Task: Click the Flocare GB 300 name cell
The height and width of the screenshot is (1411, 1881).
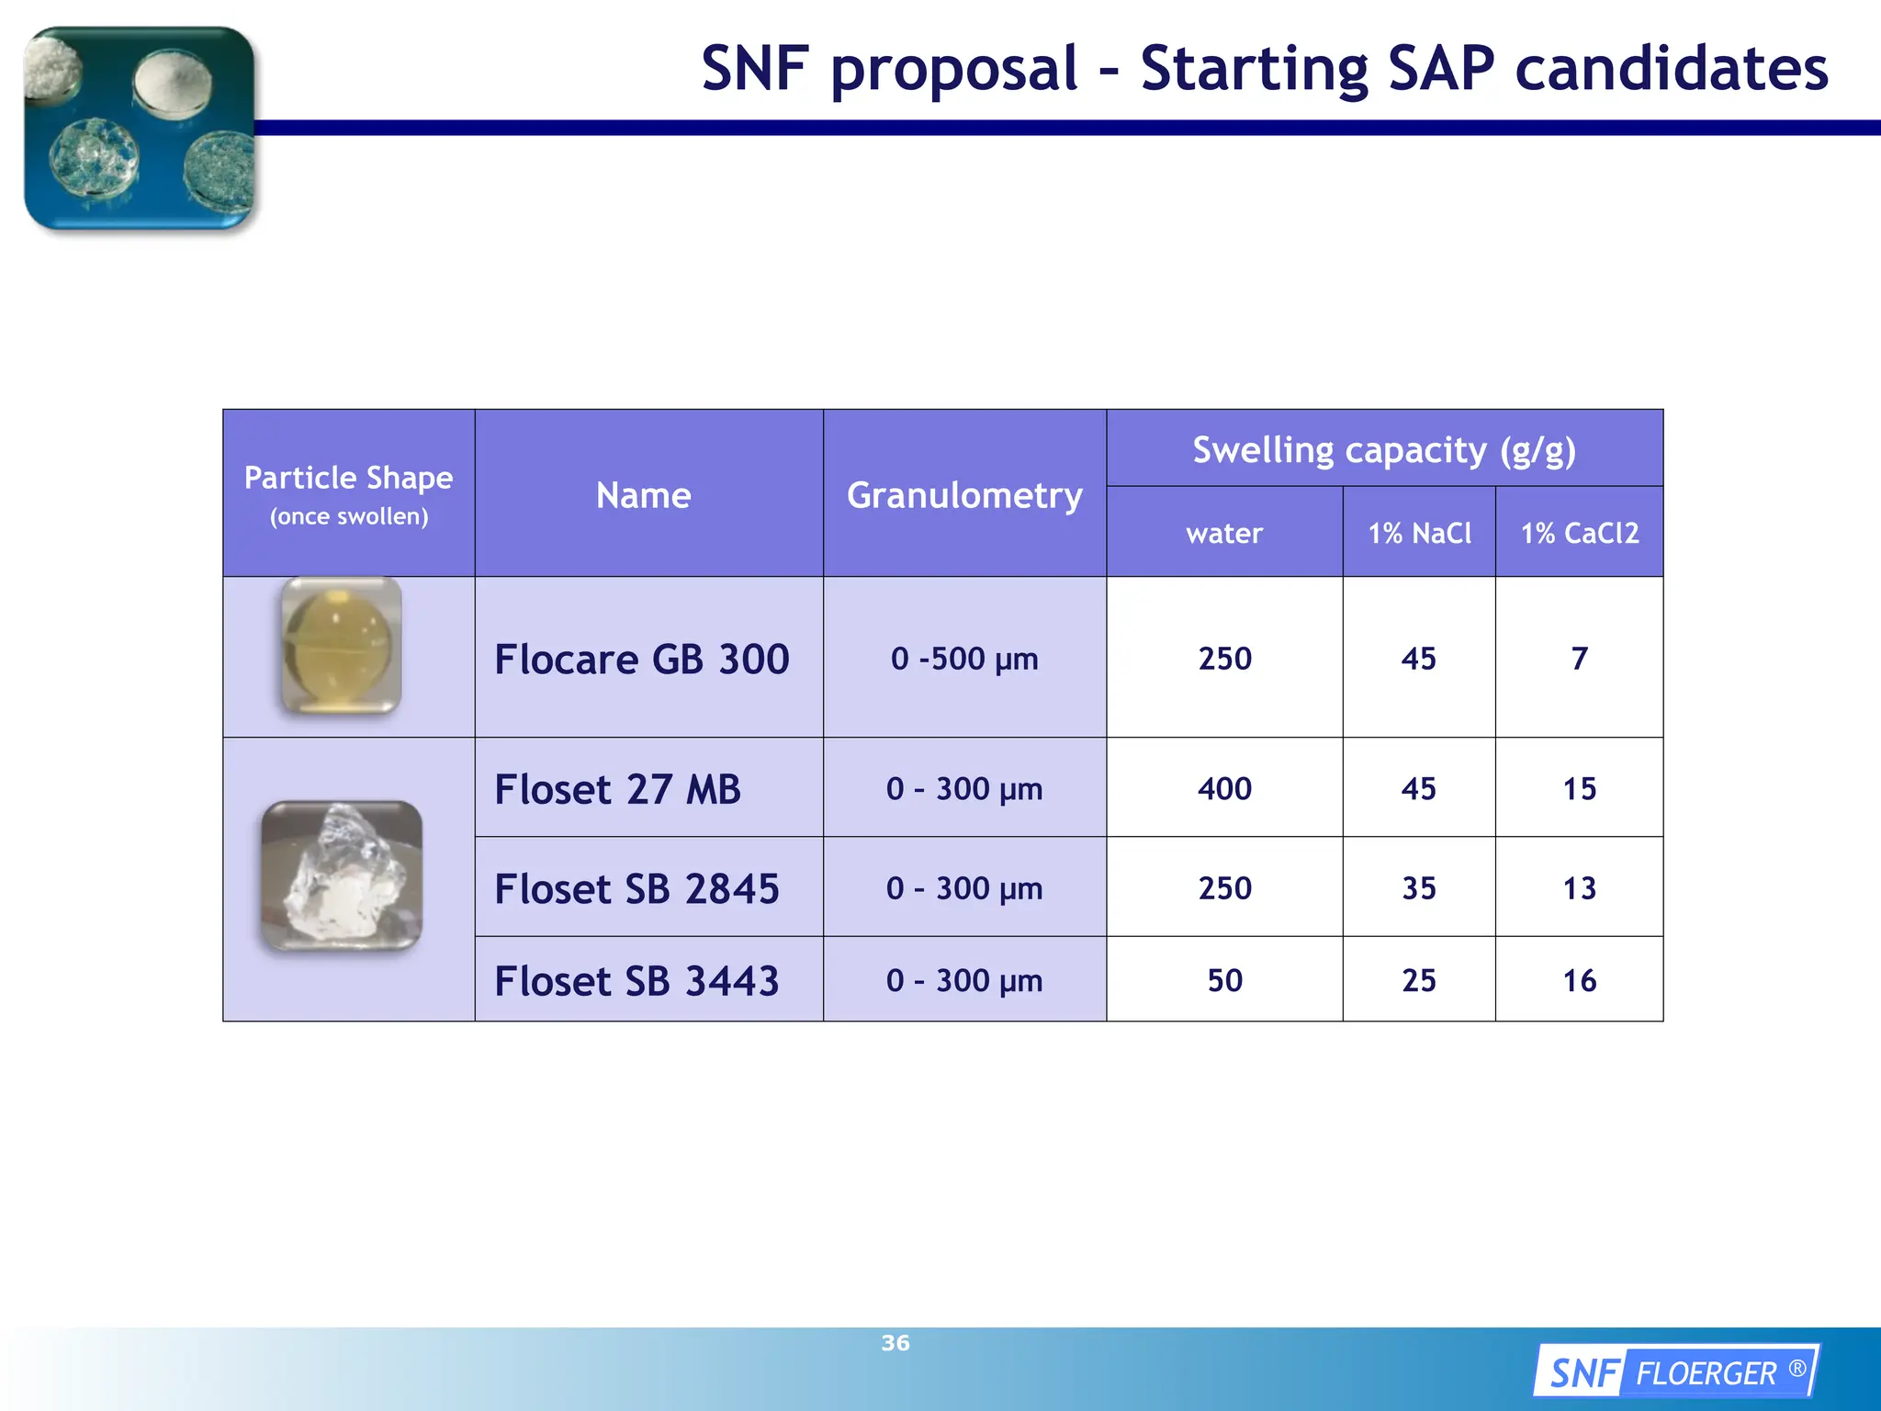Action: coord(642,659)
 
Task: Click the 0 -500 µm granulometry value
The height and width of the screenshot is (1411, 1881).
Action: coord(964,659)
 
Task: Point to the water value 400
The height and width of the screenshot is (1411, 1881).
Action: coord(1224,789)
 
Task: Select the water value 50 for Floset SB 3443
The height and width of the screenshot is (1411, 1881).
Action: coord(1224,980)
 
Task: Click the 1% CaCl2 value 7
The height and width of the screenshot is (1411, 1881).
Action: coord(1579,659)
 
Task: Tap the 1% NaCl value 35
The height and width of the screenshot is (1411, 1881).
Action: coord(1418,888)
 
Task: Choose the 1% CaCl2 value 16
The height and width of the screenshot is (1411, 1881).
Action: coord(1579,980)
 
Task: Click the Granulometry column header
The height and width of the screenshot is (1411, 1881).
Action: coord(964,495)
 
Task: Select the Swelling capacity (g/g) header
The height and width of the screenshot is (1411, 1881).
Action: coord(1384,450)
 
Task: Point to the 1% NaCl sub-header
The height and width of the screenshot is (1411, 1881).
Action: coord(1419,533)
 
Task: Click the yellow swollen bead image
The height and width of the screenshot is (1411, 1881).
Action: coord(341,646)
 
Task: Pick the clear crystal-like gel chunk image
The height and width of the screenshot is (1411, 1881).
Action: coord(342,875)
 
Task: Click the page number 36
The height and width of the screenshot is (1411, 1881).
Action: coord(895,1343)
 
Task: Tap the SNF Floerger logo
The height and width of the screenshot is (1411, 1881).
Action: coord(1676,1372)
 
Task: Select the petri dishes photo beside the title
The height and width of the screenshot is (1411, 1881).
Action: coord(140,128)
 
